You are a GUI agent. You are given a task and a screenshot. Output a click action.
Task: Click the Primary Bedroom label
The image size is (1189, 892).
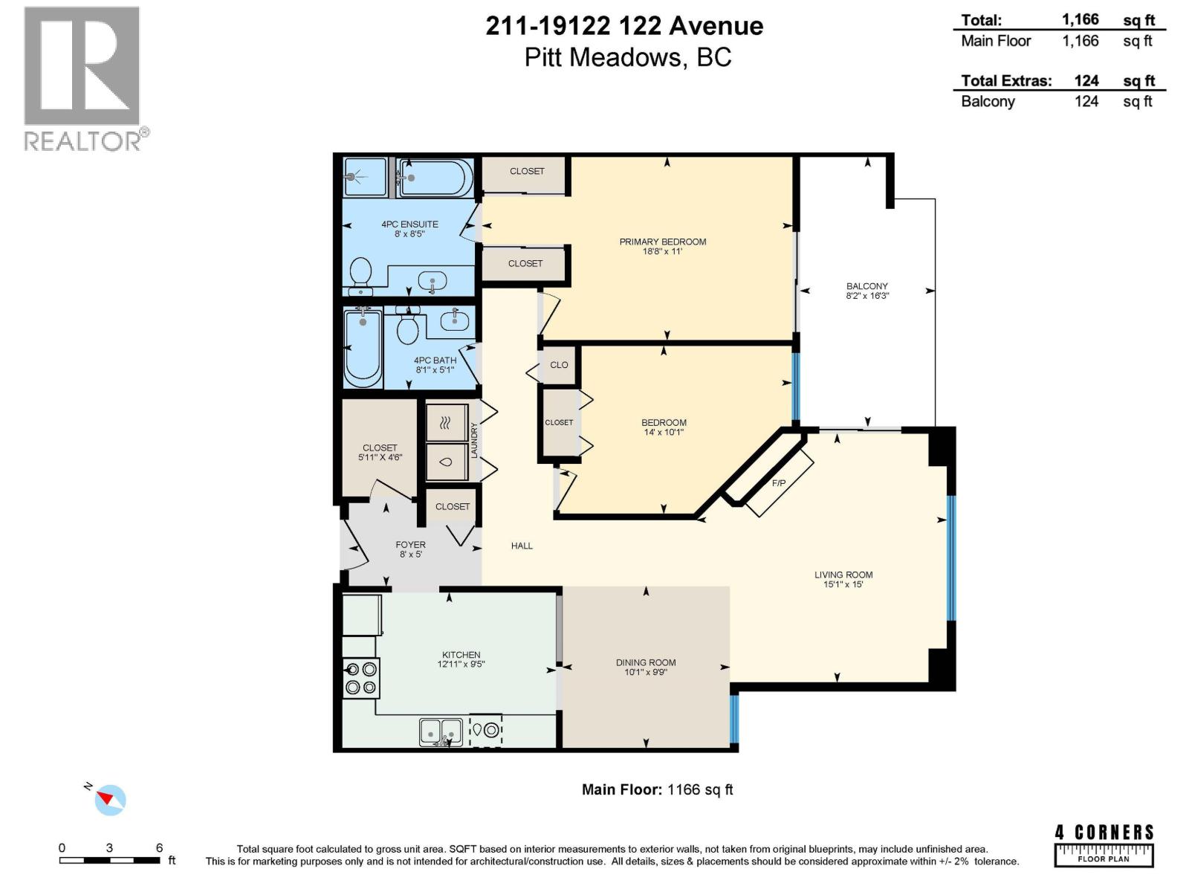[662, 242]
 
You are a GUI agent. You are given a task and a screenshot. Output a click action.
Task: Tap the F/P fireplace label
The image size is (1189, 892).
[779, 483]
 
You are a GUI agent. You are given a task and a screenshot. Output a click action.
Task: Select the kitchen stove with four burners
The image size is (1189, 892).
[361, 678]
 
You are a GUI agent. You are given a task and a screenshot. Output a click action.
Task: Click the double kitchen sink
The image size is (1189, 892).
[441, 732]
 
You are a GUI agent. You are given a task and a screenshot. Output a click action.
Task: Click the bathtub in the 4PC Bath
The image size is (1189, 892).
[363, 347]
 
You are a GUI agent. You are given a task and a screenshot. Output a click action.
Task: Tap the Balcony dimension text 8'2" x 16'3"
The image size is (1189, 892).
[867, 296]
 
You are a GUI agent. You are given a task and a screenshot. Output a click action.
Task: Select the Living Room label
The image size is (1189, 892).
[843, 575]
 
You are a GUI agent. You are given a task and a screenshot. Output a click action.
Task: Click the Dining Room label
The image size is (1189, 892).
[645, 662]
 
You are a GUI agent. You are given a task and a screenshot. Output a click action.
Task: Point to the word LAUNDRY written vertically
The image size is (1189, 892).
[474, 440]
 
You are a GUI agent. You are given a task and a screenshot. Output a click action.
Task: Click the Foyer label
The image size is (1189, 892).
[410, 545]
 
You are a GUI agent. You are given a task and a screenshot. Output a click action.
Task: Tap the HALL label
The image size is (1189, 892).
[522, 546]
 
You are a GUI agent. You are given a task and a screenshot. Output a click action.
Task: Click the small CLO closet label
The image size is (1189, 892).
[559, 365]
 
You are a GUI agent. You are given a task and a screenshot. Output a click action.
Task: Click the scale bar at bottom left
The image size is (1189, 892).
[110, 860]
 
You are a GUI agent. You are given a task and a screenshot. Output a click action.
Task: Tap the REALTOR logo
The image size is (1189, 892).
[82, 78]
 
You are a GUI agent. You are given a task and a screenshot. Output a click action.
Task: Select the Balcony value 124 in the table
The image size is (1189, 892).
[1086, 102]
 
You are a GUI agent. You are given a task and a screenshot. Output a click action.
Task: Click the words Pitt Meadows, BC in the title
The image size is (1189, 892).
[628, 57]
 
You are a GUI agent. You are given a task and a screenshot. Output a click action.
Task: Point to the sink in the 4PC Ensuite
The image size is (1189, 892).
[432, 281]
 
